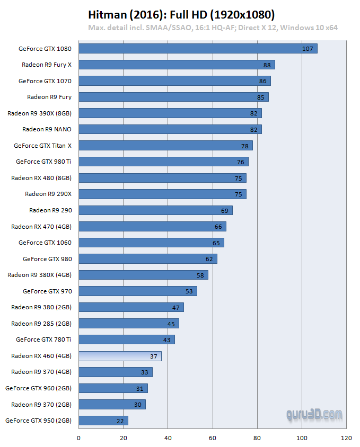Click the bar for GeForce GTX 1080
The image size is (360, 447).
tap(198, 49)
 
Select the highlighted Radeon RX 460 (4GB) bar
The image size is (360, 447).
tap(120, 356)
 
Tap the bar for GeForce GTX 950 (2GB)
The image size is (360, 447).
tap(103, 421)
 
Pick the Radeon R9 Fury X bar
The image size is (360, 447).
tap(177, 65)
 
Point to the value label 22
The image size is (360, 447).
tap(120, 421)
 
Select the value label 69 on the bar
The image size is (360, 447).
tap(225, 210)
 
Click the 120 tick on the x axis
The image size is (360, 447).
tap(346, 438)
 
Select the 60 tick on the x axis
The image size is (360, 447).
tap(213, 438)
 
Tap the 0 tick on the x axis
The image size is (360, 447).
tap(78, 438)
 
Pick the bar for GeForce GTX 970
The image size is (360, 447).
tap(138, 291)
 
